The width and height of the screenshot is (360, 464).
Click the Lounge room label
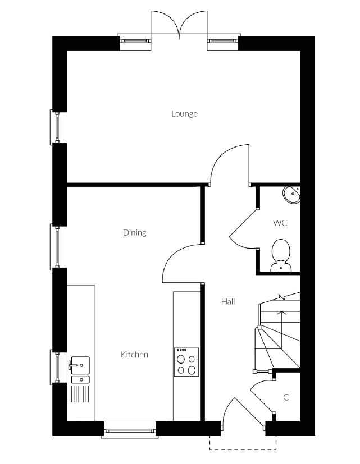tap(184, 114)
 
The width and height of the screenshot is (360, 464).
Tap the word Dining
tap(135, 233)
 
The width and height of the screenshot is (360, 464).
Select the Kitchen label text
tap(134, 355)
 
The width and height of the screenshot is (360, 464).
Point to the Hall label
tap(228, 301)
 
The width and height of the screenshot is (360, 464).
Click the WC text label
tap(280, 223)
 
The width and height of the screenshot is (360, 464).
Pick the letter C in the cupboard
tap(286, 397)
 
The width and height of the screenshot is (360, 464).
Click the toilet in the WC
tap(281, 255)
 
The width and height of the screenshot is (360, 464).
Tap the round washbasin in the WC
tap(292, 195)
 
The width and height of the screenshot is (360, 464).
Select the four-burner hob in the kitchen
tap(186, 362)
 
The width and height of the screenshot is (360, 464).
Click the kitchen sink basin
tap(80, 365)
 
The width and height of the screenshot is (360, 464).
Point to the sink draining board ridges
tap(80, 394)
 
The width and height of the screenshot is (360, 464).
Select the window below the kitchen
tap(130, 430)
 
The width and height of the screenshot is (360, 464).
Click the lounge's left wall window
tap(57, 127)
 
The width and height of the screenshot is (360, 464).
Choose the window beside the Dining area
tap(57, 247)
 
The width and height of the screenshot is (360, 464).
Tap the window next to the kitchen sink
tap(57, 367)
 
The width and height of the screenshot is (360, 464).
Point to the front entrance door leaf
tap(249, 413)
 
